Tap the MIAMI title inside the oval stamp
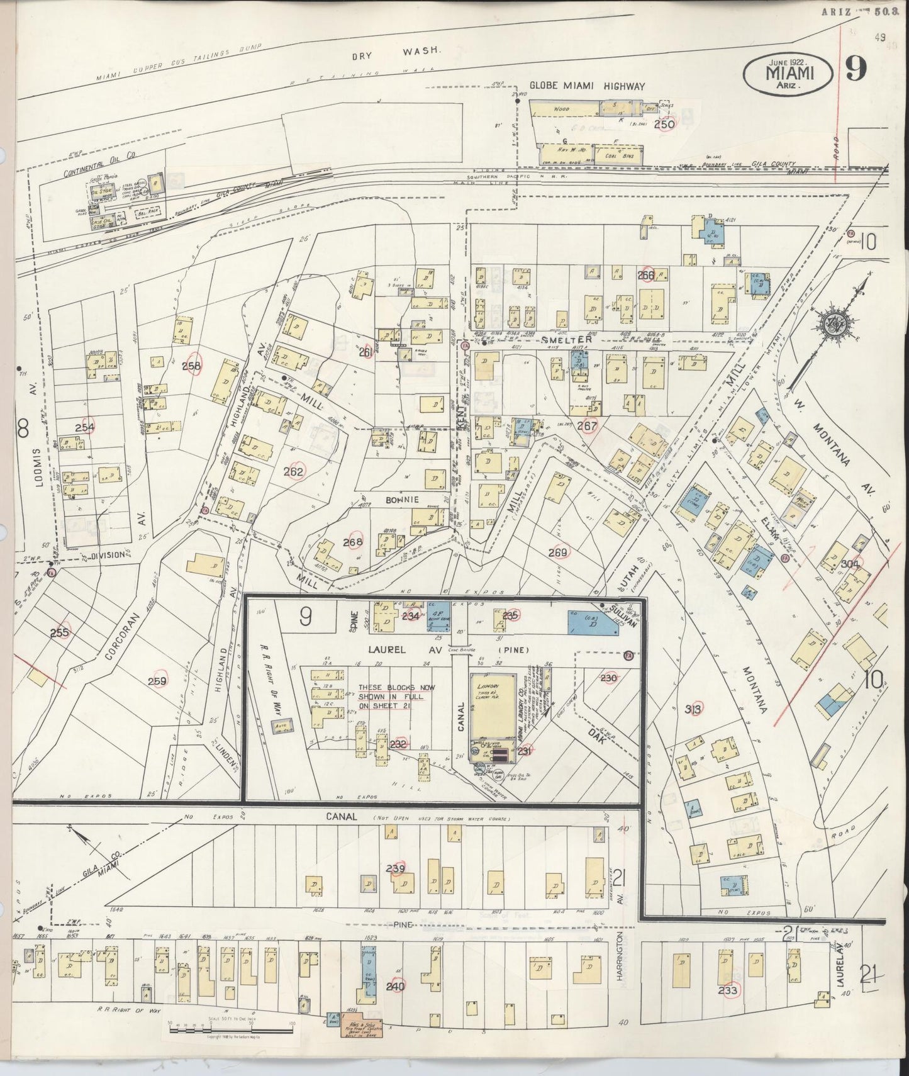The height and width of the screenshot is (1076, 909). click(x=789, y=73)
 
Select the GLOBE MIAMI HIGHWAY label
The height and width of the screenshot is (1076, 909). click(x=586, y=86)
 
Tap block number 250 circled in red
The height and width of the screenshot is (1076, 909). click(x=664, y=124)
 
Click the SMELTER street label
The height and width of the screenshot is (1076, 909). click(x=571, y=340)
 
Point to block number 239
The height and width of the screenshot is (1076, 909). click(x=396, y=869)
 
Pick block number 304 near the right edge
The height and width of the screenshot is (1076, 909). click(x=849, y=564)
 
